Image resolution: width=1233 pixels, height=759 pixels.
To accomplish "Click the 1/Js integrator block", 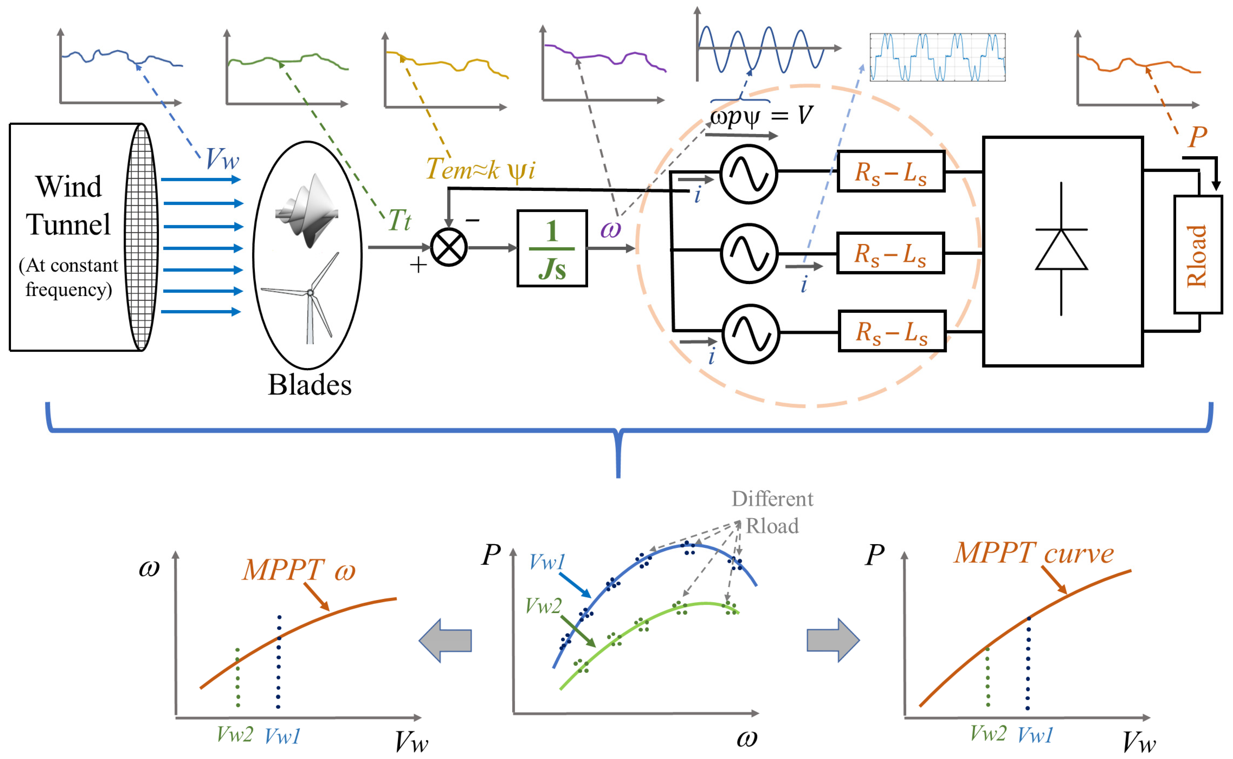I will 552,248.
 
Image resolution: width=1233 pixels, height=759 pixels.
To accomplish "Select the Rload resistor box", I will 1197,255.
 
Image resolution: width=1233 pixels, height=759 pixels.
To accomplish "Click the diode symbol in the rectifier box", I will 1061,249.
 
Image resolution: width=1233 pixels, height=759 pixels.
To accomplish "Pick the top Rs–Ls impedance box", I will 891,172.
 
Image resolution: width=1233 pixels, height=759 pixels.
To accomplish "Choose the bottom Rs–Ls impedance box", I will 892,331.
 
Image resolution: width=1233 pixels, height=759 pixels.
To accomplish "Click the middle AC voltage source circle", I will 749,253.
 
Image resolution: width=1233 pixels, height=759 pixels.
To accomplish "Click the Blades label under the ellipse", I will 310,385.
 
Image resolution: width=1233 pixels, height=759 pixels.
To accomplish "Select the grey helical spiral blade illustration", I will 307,210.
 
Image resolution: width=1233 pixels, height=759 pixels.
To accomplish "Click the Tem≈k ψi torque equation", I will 480,169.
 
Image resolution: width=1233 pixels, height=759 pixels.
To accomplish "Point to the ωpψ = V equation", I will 761,116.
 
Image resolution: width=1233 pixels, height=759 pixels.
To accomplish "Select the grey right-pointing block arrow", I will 833,640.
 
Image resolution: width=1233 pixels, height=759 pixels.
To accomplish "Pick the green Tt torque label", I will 399,220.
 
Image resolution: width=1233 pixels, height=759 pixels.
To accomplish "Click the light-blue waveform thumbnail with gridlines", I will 937,57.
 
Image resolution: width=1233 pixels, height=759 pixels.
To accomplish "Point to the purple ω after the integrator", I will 610,229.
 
